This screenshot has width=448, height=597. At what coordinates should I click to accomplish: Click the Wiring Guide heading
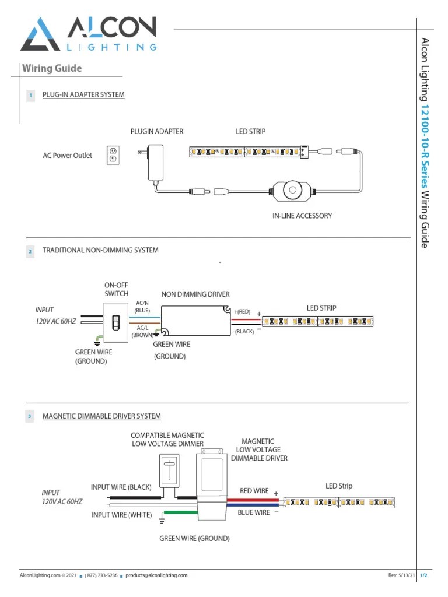[x=52, y=69]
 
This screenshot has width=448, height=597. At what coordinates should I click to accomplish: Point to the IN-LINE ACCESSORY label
[x=302, y=216]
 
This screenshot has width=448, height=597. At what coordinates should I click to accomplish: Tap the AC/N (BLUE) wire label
[x=142, y=307]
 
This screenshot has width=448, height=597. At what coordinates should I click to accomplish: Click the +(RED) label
[x=242, y=312]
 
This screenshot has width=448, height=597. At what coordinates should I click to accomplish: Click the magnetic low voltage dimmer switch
[x=169, y=470]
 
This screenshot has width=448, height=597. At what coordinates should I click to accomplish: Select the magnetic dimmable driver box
[x=211, y=487]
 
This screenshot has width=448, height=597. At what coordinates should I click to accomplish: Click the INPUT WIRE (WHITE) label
[x=121, y=515]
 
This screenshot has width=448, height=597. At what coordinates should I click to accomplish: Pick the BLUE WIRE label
[x=253, y=512]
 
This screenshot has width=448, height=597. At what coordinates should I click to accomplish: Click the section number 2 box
[x=30, y=251]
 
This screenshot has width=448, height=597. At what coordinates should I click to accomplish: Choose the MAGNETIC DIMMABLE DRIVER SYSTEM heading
[x=101, y=416]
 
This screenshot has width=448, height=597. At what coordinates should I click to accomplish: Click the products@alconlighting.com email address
[x=156, y=575]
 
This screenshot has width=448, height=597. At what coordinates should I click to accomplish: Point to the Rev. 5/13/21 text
[x=402, y=575]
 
